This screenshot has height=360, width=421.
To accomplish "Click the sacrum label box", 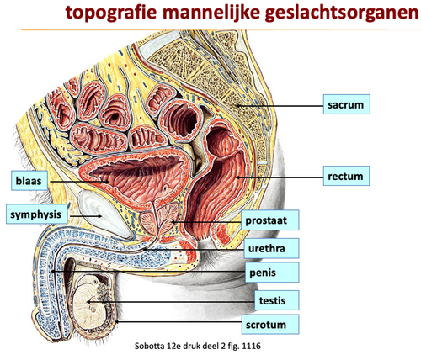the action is [347, 104].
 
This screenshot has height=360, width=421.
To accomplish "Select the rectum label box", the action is [346, 176].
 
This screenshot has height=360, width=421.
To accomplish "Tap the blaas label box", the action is [29, 180].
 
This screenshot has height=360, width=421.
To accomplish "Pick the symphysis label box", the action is [37, 214].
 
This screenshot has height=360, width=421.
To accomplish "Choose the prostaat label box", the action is [269, 220].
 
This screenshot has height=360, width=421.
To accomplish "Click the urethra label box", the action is [271, 248].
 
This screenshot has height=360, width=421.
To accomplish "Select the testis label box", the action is [277, 300].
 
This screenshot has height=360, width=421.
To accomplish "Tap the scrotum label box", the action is [270, 325].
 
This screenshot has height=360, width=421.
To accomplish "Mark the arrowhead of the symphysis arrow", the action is [99, 216].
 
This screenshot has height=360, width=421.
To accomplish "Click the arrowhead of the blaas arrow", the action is [107, 182].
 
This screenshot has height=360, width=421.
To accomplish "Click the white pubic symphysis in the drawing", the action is [105, 214].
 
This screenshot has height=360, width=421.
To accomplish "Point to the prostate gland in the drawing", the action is [159, 218].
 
